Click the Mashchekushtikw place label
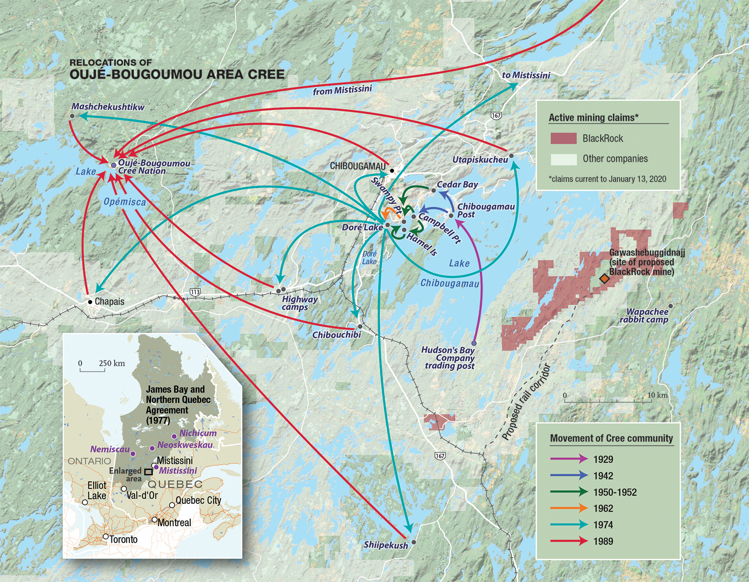[x=108, y=107]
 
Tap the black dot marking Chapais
[x=90, y=302]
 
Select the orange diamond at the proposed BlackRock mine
[x=604, y=279]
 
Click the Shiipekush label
[x=386, y=545]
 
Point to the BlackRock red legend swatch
[x=563, y=138]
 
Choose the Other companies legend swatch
[x=563, y=159]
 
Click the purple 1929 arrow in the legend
[x=569, y=459]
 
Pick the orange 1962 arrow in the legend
[x=569, y=508]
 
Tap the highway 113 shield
[x=195, y=292]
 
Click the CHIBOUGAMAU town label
[x=358, y=166]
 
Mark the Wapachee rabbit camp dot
[x=670, y=306]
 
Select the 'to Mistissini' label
[x=526, y=75]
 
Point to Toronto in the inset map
[x=106, y=537]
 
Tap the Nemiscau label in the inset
[x=110, y=449]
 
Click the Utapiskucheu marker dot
[x=511, y=156]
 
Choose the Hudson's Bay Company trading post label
[x=448, y=358]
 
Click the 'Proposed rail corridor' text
[x=526, y=402]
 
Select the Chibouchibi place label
[x=337, y=335]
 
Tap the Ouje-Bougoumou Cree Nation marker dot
[x=113, y=165]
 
